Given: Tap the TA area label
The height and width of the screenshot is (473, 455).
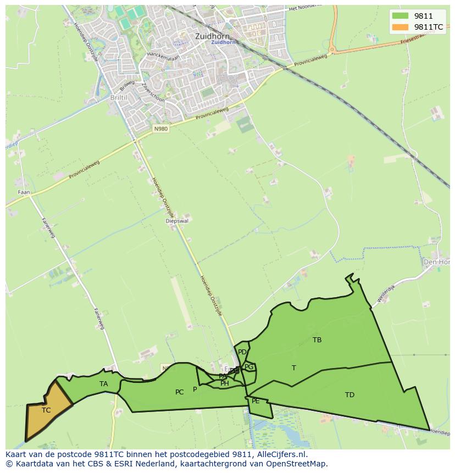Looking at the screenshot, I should click(x=104, y=384).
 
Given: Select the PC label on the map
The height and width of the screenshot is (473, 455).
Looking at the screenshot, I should click(x=179, y=392).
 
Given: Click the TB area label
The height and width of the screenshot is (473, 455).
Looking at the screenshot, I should click(x=317, y=340).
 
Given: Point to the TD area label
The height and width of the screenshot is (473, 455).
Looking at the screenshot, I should click(x=349, y=395).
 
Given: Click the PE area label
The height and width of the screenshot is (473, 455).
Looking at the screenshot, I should click(x=256, y=402).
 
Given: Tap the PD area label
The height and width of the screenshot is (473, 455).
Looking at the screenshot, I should click(x=242, y=352).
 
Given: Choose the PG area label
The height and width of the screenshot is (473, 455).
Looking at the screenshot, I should click(x=249, y=367).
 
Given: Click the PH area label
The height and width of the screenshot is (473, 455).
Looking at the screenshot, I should click(x=225, y=383).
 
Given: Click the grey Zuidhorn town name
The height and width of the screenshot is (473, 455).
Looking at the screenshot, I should click(x=212, y=36).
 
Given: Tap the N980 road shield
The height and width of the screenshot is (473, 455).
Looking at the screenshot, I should click(x=160, y=129).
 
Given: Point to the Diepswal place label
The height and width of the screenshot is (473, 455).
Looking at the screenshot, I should click(x=176, y=221).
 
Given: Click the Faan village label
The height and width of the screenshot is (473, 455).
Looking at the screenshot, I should click(x=24, y=192).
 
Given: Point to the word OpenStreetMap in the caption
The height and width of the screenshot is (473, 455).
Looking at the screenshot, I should click(x=297, y=464).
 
